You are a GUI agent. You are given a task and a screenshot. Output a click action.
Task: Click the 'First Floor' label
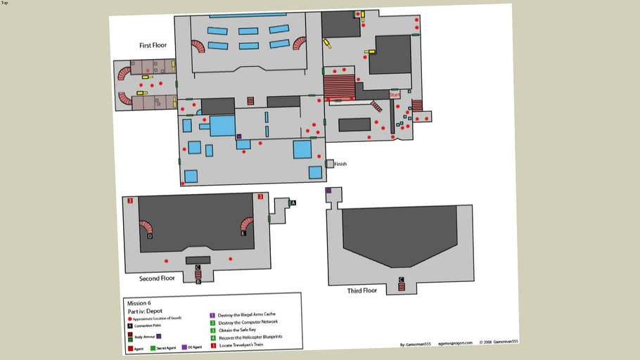[153, 45]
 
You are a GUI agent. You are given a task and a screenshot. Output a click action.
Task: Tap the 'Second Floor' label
[157, 278]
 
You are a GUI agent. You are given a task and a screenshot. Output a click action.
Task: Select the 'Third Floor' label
[362, 290]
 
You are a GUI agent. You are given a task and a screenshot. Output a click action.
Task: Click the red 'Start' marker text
[395, 94]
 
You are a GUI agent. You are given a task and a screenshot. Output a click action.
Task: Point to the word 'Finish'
[341, 165]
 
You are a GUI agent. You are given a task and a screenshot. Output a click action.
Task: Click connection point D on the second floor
[150, 237]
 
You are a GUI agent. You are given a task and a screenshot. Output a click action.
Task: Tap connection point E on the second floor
[243, 233]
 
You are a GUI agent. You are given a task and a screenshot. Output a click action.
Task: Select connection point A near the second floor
[293, 202]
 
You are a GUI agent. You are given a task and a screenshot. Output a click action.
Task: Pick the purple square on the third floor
[328, 191]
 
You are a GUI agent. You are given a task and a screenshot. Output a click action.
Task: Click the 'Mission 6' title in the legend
[137, 302]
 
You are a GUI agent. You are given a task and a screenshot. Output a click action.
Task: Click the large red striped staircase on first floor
[338, 87]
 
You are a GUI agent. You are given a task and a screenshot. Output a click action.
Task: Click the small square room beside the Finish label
[329, 164]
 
